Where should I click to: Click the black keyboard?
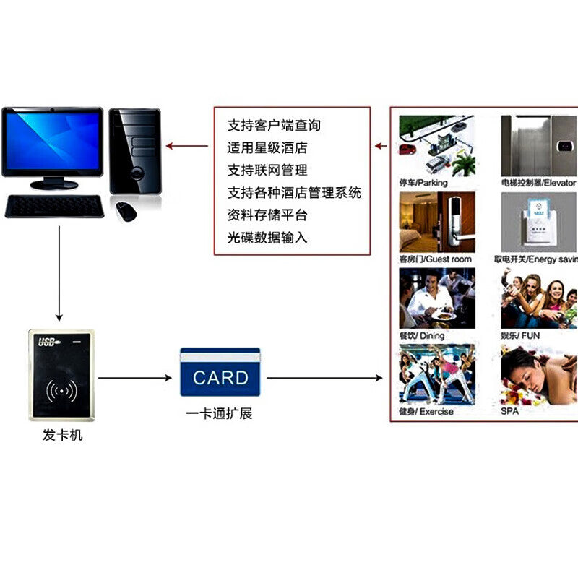click(54, 207)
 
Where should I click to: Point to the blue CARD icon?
click(220, 373)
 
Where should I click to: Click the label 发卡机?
click(63, 436)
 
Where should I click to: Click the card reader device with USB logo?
click(61, 375)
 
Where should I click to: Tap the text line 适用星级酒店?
click(267, 148)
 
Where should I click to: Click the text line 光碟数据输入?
click(267, 237)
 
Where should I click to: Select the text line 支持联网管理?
click(267, 171)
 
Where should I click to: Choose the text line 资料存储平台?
click(267, 215)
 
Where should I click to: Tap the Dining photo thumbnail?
click(437, 298)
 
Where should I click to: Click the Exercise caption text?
click(426, 412)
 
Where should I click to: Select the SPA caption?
click(510, 412)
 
